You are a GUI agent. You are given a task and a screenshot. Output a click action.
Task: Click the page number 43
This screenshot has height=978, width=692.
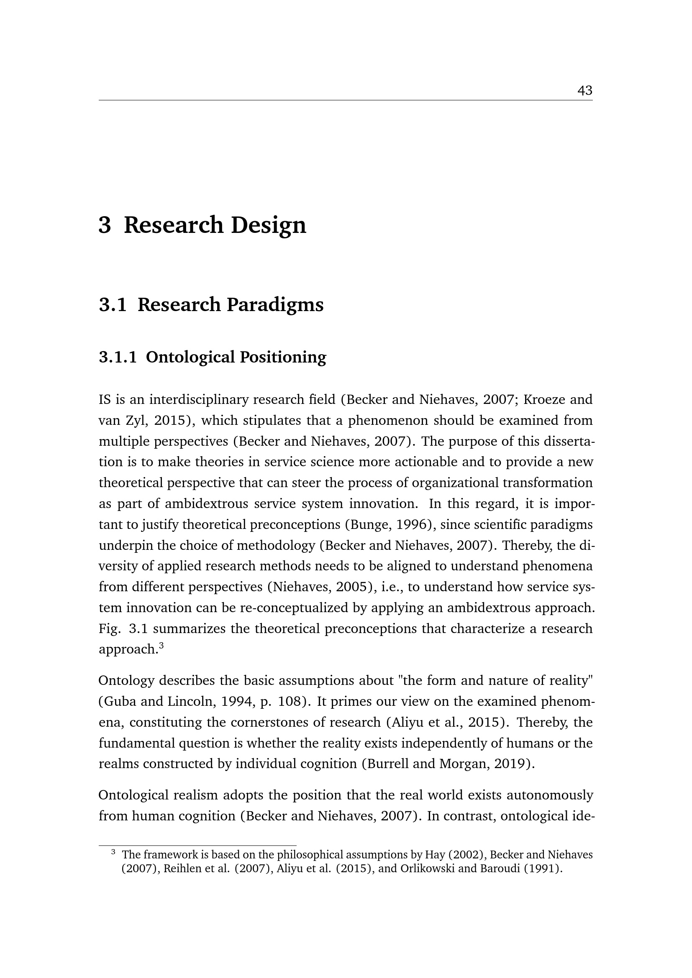click(584, 90)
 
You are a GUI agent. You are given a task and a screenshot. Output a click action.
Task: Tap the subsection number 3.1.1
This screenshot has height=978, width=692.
click(118, 357)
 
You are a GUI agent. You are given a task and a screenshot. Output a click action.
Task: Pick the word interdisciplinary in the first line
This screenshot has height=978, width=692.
click(199, 400)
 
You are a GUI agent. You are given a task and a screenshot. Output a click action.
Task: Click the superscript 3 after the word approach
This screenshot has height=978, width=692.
click(161, 645)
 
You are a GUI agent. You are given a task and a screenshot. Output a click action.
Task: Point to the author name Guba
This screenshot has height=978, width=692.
click(119, 702)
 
